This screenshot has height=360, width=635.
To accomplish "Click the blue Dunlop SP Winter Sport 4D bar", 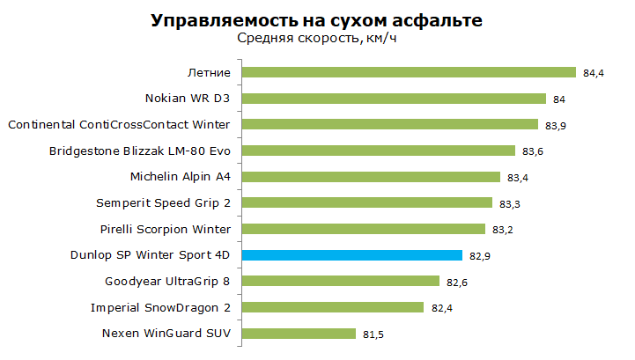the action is (352, 255).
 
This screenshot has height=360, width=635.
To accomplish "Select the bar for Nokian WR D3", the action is (394, 99).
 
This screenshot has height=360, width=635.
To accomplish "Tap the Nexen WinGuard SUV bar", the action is (299, 334).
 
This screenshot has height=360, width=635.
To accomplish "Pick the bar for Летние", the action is (409, 72).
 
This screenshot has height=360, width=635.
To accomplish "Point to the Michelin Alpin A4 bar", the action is (371, 177).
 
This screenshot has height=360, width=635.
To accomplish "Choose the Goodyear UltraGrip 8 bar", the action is (341, 281).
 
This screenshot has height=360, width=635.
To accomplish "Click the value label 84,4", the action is (594, 73).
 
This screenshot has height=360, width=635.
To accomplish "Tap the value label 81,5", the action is (373, 334).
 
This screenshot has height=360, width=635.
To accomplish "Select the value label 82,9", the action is (480, 256).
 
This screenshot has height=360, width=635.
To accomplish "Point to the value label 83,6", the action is (533, 151).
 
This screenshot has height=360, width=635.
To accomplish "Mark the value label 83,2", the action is (503, 230).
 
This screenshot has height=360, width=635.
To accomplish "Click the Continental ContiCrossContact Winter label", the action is (119, 124).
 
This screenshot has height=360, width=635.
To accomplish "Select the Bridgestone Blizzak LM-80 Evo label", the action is (140, 151).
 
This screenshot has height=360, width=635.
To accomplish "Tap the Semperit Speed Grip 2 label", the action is (163, 202).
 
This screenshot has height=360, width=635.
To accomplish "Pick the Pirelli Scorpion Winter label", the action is (166, 229).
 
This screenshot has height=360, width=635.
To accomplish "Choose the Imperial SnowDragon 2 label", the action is (160, 308).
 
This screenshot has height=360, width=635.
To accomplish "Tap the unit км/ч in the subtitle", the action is (381, 38).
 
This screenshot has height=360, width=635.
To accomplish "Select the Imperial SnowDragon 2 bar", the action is (333, 307).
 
